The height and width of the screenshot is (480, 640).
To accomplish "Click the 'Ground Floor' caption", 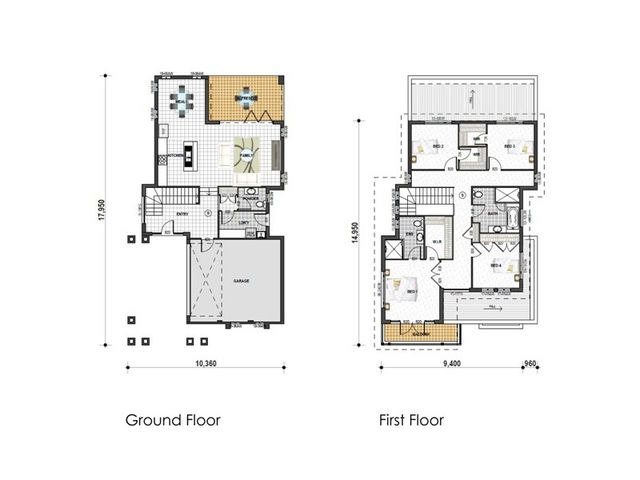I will pos(173,419).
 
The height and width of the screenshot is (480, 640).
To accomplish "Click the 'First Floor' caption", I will pos(411,419).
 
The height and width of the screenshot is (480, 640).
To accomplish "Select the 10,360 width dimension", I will pos(206,363).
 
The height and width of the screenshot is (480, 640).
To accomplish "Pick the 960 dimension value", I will pos(529,363).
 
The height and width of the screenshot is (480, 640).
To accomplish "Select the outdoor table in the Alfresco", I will pos(245,98).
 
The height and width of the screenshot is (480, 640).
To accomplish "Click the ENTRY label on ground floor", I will pos(182,214).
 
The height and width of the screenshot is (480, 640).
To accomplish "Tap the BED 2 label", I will pos(438,146).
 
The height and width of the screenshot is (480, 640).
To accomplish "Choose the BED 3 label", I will pos(508,146).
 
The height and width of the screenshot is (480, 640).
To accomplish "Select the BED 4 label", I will pos(495,265).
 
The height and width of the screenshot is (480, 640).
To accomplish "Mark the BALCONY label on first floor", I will pos(422,334).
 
